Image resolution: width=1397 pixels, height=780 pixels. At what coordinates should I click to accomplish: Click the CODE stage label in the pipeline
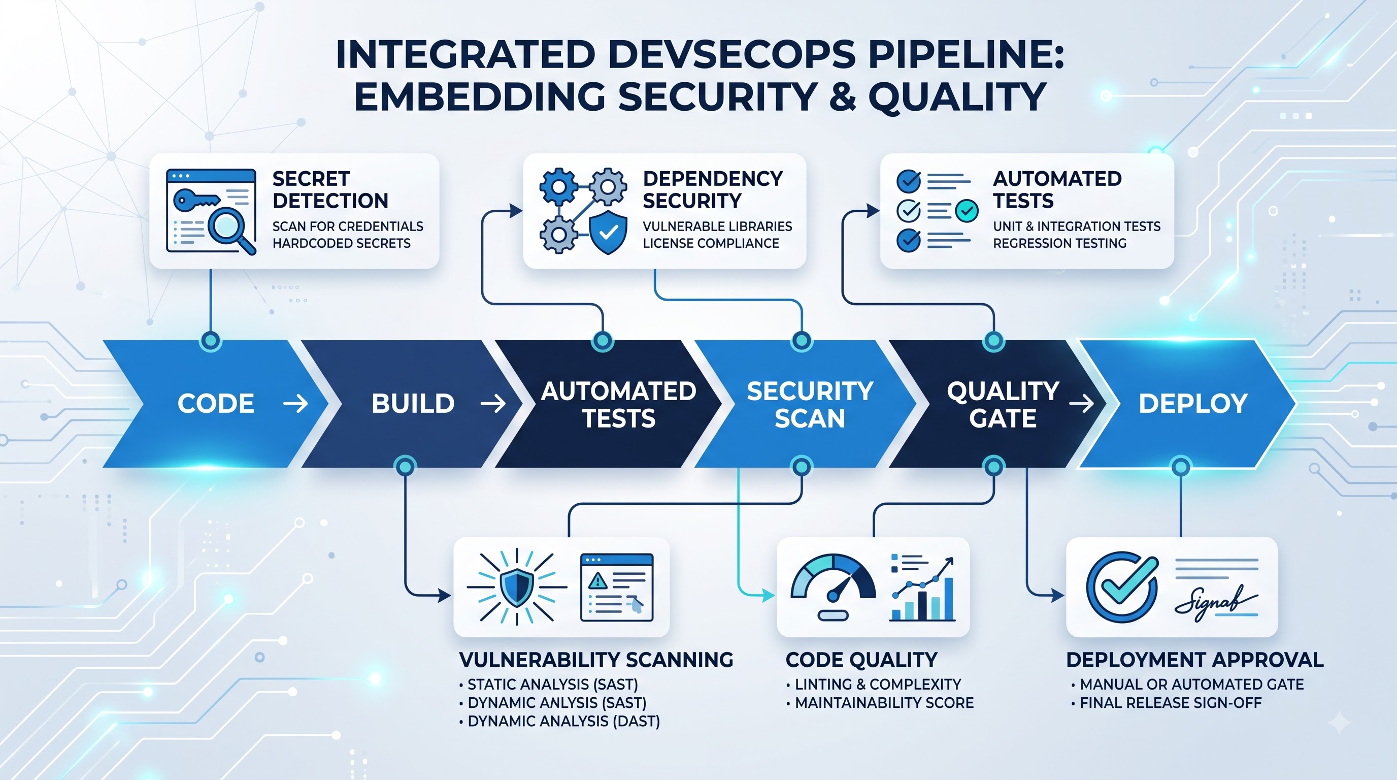(216, 404)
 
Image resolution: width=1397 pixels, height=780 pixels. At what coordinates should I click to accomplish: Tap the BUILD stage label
(413, 404)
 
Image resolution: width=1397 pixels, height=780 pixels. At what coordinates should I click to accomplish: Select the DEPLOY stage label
(1193, 404)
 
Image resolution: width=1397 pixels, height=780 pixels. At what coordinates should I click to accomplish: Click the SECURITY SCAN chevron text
(810, 405)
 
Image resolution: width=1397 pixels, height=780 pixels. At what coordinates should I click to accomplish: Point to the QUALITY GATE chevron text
(1003, 405)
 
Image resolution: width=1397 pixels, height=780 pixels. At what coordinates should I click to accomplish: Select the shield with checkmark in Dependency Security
(608, 233)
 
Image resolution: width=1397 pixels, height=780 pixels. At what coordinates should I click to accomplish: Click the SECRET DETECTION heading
(330, 189)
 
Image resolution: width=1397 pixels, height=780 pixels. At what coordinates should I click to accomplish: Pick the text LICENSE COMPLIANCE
(711, 244)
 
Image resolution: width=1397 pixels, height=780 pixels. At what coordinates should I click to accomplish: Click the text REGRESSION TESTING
(1060, 244)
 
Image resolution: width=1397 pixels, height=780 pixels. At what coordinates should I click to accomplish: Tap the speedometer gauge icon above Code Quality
(833, 586)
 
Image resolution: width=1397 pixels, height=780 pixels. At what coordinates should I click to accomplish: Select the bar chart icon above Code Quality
(922, 589)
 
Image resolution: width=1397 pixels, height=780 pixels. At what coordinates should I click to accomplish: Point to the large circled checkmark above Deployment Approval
(1122, 587)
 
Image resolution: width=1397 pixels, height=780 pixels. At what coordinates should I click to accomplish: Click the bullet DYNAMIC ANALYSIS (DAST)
(560, 722)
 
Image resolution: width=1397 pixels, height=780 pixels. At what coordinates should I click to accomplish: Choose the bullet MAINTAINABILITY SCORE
(880, 703)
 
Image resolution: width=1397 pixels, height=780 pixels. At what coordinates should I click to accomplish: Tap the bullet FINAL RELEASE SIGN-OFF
(1166, 703)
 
